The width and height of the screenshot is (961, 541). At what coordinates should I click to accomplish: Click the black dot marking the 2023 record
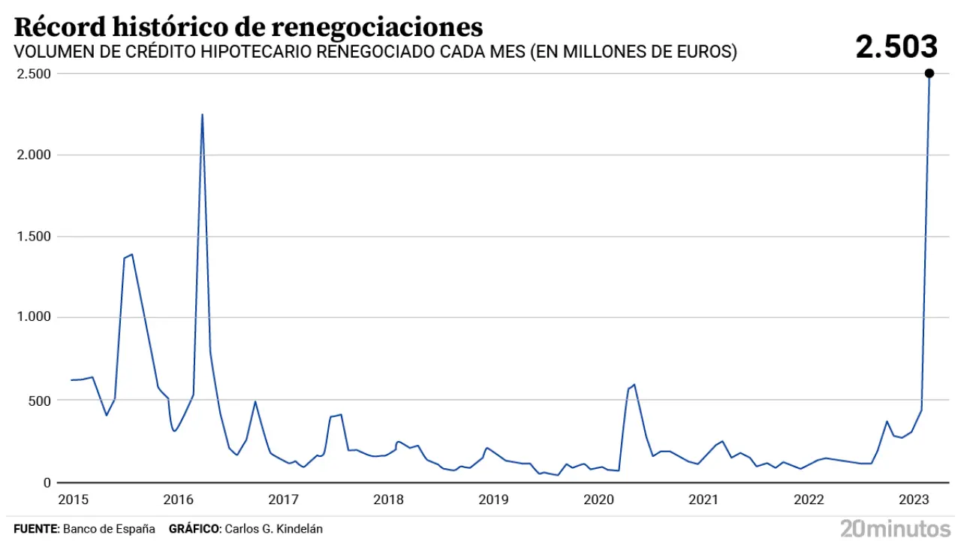(929, 74)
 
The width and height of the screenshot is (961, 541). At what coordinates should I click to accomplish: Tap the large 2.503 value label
(896, 47)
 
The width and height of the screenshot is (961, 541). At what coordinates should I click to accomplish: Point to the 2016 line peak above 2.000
(202, 116)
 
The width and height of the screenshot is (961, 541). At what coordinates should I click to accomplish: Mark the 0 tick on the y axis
(47, 482)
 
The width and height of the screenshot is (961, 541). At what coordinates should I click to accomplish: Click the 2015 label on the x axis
(73, 499)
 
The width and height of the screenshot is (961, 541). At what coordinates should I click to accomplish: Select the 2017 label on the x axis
(283, 499)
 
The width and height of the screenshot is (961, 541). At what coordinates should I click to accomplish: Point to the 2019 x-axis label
(494, 499)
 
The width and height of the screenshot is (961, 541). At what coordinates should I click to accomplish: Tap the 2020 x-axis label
(599, 499)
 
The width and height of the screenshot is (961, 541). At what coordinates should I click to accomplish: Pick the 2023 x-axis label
(915, 499)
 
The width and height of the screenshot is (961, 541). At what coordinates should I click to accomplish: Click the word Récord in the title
(59, 26)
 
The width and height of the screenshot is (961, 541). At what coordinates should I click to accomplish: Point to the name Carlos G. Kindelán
(273, 529)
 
